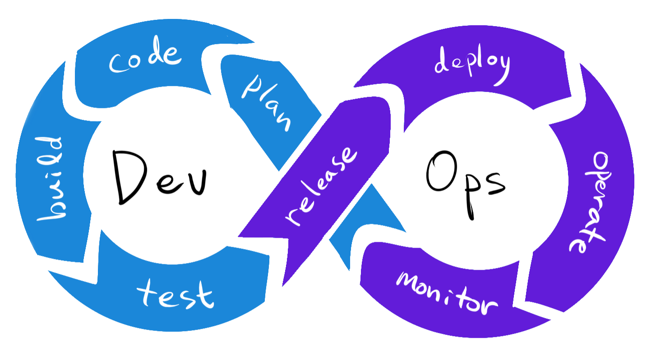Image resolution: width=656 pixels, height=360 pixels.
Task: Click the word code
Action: pyautogui.click(x=145, y=60)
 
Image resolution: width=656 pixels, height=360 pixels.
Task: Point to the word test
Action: pyautogui.click(x=175, y=293)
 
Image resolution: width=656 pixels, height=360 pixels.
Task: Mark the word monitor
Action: pyautogui.click(x=447, y=293)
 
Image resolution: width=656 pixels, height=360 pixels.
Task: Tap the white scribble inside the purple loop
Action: pyautogui.click(x=433, y=185)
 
